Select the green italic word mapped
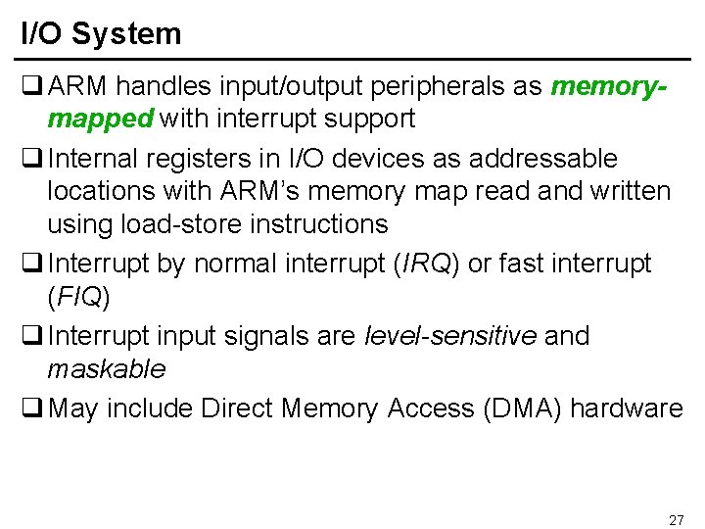pos(101,120)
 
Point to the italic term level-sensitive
pos(450,336)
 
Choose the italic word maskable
pos(107,369)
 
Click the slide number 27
pos(676,519)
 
